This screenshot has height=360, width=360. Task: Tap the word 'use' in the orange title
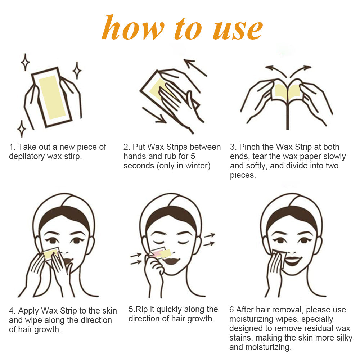(x=238, y=30)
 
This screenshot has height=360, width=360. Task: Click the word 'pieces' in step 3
(x=242, y=175)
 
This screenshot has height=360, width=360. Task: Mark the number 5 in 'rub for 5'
(x=193, y=156)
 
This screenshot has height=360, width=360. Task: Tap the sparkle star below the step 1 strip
(x=22, y=129)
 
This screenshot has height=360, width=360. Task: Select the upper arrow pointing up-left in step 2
(x=195, y=68)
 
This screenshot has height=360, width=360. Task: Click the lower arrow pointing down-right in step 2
(x=154, y=115)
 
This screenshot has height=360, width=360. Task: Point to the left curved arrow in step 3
(x=276, y=69)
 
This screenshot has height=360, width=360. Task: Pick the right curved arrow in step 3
(x=300, y=69)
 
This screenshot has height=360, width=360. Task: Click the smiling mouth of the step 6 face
(x=292, y=260)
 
